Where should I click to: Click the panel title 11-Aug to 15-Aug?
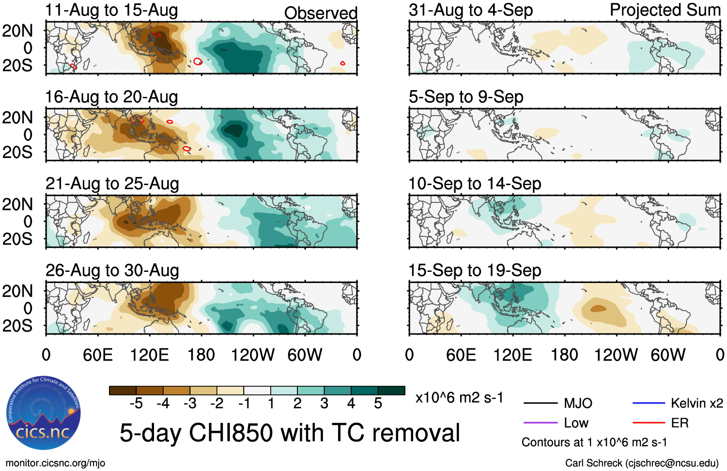coord(111,10)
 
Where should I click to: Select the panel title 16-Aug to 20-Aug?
coord(111,97)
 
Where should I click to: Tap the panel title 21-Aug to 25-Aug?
coord(112,184)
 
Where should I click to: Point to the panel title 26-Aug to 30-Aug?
coord(112,270)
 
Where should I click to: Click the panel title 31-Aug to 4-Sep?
coord(470,10)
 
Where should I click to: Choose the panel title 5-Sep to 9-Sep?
coord(466,97)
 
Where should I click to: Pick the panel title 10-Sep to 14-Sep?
coord(475,184)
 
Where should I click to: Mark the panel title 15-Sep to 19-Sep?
coord(475,270)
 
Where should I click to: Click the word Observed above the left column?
coord(321,13)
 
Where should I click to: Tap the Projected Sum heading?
coord(665,10)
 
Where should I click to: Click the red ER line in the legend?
coord(649,423)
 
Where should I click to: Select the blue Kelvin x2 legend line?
coord(649,403)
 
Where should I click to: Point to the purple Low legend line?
coord(541,423)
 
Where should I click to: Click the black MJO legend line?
coord(541,403)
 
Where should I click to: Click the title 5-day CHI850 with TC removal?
coord(290,433)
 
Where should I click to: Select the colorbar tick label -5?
coord(136,403)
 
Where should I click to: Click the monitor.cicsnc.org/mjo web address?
coord(55,463)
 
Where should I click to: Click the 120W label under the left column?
coord(252,355)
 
